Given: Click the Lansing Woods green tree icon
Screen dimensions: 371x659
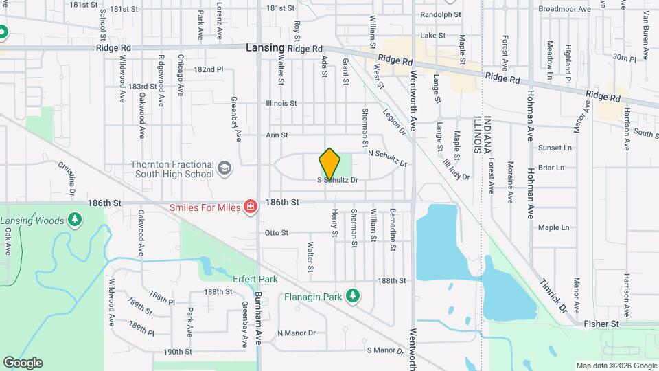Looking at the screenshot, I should pos(76,221).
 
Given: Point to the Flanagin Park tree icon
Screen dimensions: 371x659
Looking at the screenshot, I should pos(353,295).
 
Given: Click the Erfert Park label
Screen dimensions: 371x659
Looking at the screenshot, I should pos(254,280).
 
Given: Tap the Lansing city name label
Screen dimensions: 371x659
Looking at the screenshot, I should pos(265,48).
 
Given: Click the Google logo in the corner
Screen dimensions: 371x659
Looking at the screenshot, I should pos(23,362).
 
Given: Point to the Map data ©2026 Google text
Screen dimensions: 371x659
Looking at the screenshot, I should pos(615,366).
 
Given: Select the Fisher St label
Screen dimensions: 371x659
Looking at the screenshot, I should pos(601,323).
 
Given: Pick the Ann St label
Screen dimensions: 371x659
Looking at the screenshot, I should pos(277,135).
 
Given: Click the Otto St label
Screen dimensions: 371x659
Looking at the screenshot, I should pos(275,233).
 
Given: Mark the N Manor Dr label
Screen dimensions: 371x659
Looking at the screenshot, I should pos(296,333).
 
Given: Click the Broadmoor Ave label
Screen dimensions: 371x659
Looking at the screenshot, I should pos(564,10).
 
